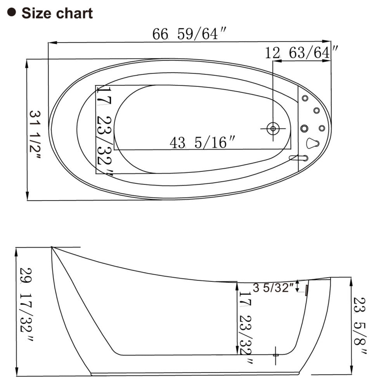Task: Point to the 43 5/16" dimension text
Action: [202, 142]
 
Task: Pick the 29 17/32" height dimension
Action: [26, 305]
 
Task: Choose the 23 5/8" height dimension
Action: [360, 325]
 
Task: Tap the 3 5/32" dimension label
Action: [273, 287]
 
